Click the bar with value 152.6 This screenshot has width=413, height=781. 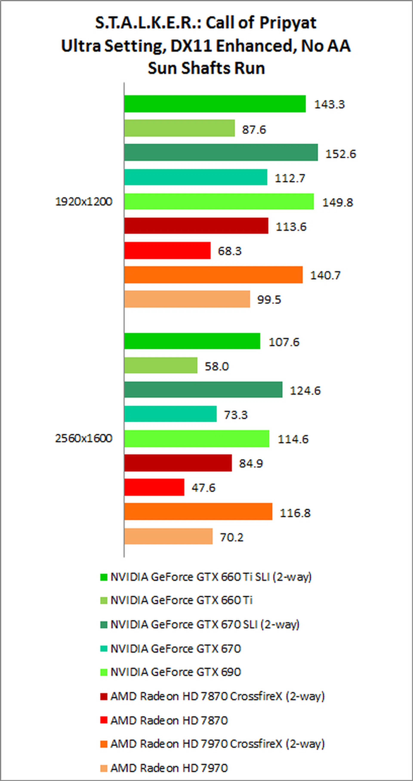point(221,152)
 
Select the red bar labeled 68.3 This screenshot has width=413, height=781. point(167,251)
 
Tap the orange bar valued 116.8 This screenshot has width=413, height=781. point(198,512)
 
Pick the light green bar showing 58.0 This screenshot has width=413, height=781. point(161,365)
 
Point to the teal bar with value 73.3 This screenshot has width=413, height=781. point(170,414)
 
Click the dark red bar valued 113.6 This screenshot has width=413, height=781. point(196,226)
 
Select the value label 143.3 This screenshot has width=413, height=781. point(329,104)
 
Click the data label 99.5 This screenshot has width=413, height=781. point(269,300)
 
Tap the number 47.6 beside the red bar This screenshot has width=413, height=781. point(203,487)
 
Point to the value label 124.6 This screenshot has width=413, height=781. point(305,390)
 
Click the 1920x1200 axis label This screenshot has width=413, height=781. point(84,202)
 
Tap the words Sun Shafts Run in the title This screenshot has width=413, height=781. point(206,68)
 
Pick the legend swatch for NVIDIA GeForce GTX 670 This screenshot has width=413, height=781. point(104,649)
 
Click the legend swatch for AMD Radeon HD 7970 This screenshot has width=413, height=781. point(104,768)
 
